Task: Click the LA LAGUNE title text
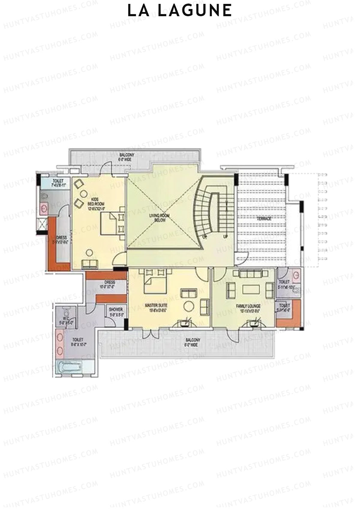click(x=180, y=11)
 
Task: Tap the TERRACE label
click(x=264, y=219)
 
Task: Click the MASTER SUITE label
click(x=156, y=308)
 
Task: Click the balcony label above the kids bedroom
click(x=127, y=156)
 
